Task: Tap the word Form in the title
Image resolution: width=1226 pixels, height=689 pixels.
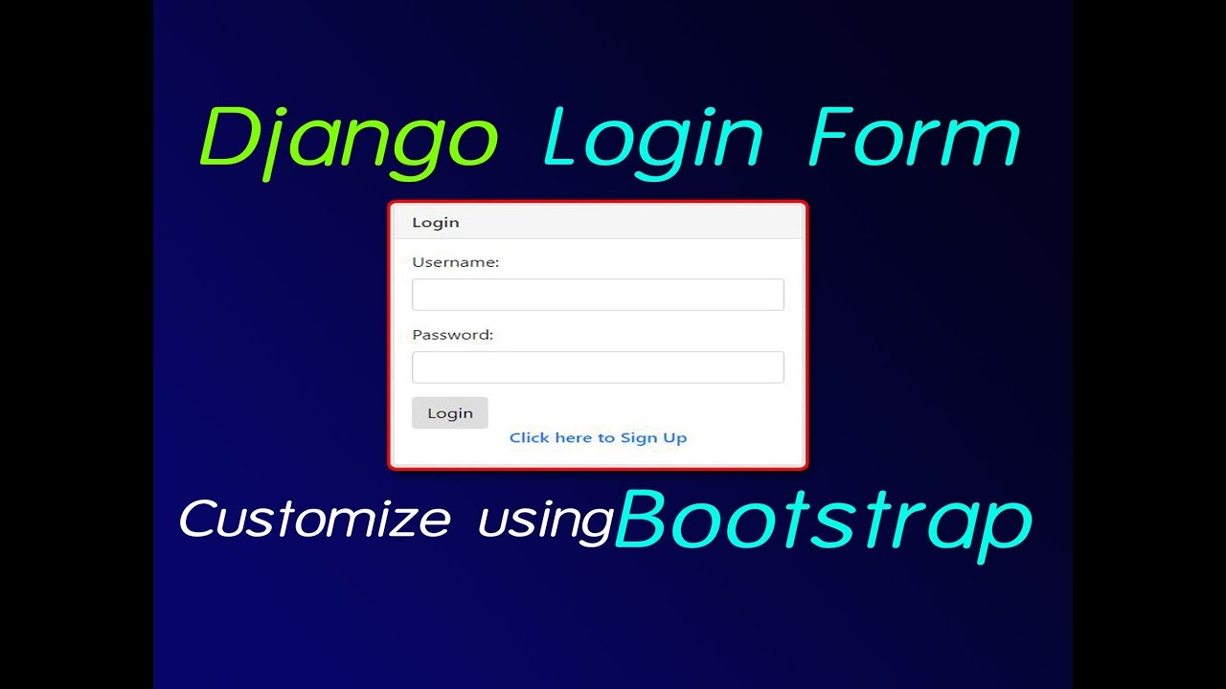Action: pos(915,140)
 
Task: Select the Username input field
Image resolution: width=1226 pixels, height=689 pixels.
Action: pos(598,295)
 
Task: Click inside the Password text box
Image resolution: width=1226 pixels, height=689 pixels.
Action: pos(598,367)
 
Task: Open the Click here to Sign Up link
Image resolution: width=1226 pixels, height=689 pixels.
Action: pos(598,437)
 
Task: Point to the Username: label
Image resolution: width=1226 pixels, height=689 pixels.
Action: pos(455,261)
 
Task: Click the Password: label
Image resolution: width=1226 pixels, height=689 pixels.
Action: pos(452,335)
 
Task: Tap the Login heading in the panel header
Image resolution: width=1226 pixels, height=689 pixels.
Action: pos(436,222)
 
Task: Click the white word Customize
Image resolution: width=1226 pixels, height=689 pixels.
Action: pos(314,519)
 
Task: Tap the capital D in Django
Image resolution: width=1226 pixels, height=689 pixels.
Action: pos(227,140)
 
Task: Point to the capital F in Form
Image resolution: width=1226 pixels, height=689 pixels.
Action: pos(828,139)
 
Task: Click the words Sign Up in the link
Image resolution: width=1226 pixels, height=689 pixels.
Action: pos(653,437)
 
